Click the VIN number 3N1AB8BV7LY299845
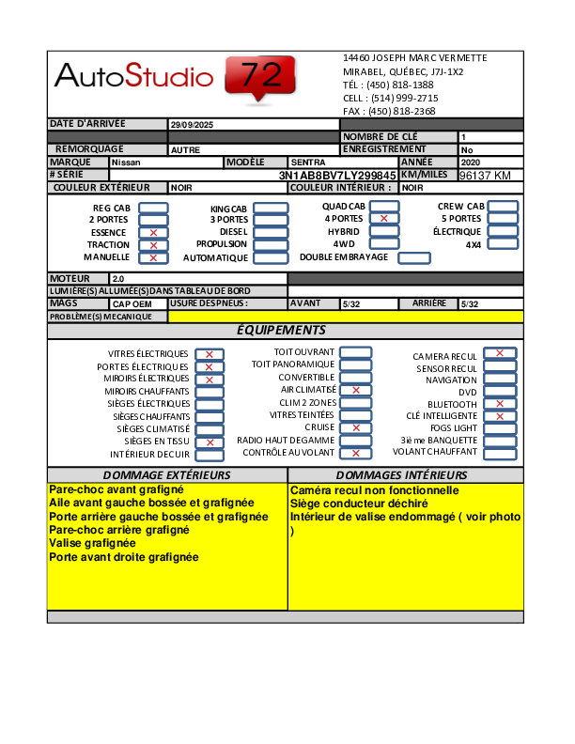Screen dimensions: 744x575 click(x=337, y=176)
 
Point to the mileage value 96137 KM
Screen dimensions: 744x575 click(x=485, y=176)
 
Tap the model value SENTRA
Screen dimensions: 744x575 click(x=308, y=163)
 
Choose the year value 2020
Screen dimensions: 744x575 click(x=470, y=163)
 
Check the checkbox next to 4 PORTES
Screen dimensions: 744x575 click(x=384, y=218)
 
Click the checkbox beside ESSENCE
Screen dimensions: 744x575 click(x=153, y=232)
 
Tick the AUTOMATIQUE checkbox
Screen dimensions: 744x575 click(x=271, y=257)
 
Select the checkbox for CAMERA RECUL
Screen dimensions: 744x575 click(x=500, y=354)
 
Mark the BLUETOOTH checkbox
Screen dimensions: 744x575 click(x=500, y=404)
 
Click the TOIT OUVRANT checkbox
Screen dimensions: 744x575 click(x=355, y=352)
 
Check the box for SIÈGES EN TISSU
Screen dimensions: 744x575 click(x=210, y=442)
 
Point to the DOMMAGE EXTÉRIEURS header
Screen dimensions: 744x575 click(x=167, y=475)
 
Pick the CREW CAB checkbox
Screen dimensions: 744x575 click(x=503, y=207)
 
